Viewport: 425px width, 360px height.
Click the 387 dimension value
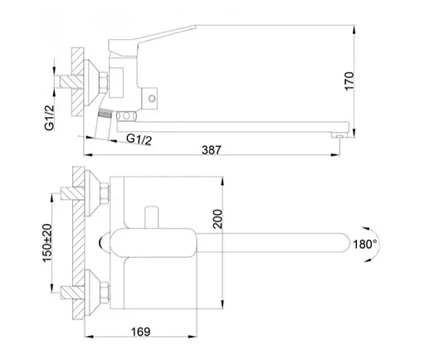(212, 150)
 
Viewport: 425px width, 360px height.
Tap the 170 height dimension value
(349, 81)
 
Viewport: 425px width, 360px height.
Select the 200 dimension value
(217, 219)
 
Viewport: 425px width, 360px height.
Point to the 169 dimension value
(140, 332)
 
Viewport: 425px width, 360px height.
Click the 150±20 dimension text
(47, 243)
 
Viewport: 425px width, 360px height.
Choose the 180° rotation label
(365, 244)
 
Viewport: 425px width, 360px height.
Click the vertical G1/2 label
(50, 117)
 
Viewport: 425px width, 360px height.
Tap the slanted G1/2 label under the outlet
(139, 139)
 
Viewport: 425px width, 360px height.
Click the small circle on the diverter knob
(152, 98)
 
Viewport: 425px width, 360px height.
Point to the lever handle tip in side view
(194, 27)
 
